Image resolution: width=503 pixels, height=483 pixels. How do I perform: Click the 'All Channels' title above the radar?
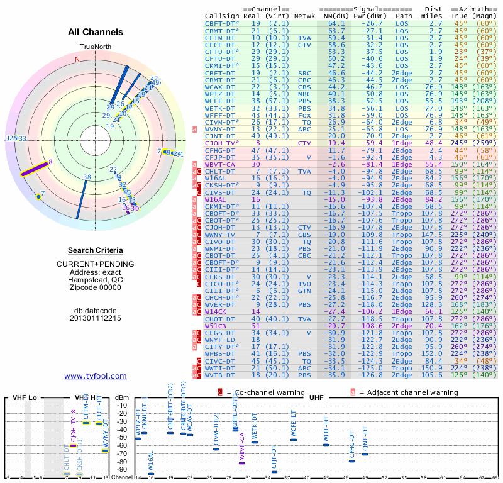point(95,32)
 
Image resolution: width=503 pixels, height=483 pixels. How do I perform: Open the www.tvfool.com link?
point(95,376)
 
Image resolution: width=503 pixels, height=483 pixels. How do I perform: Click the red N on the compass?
point(78,59)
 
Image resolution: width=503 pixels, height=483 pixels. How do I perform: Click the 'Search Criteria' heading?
point(95,250)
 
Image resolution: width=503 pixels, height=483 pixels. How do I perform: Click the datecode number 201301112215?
point(95,318)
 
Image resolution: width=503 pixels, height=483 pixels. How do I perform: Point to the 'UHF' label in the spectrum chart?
point(316,398)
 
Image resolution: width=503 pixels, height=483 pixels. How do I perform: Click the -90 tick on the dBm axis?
point(120,469)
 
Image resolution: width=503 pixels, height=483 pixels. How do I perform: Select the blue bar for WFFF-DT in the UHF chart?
point(326,445)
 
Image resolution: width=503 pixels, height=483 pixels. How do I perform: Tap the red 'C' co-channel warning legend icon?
point(219,392)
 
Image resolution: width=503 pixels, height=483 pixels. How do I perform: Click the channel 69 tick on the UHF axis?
point(495,478)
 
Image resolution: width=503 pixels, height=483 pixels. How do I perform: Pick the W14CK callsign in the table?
point(216,311)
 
